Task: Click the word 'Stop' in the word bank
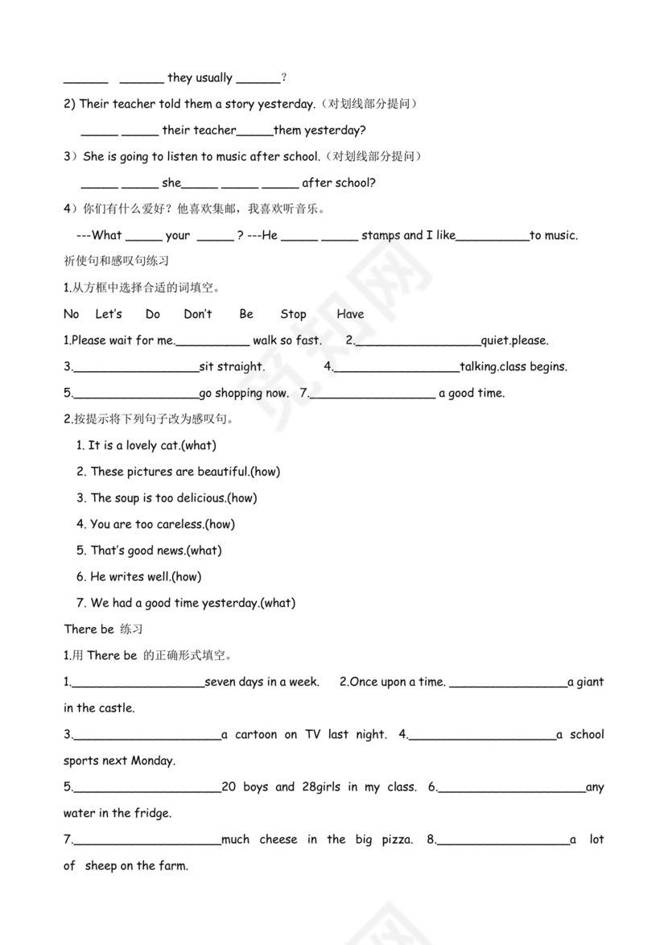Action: pyautogui.click(x=293, y=314)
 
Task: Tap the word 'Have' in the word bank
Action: pyautogui.click(x=350, y=314)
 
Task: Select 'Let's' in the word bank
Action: pyautogui.click(x=109, y=314)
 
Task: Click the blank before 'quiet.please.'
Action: pyautogui.click(x=417, y=341)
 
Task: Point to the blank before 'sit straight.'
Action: pyautogui.click(x=135, y=367)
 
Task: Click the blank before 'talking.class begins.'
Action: pyautogui.click(x=396, y=367)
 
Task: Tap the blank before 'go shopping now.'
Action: pyautogui.click(x=135, y=394)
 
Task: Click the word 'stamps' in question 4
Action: pyautogui.click(x=381, y=235)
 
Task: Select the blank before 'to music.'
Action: pyautogui.click(x=493, y=236)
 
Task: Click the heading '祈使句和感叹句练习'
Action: pyautogui.click(x=116, y=262)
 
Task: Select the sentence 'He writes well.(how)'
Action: pyautogui.click(x=138, y=576)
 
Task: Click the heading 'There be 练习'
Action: pyautogui.click(x=103, y=629)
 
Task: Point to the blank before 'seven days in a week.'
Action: pyautogui.click(x=138, y=683)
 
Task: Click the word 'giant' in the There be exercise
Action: pyautogui.click(x=590, y=682)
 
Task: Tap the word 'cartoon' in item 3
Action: pyautogui.click(x=256, y=734)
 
